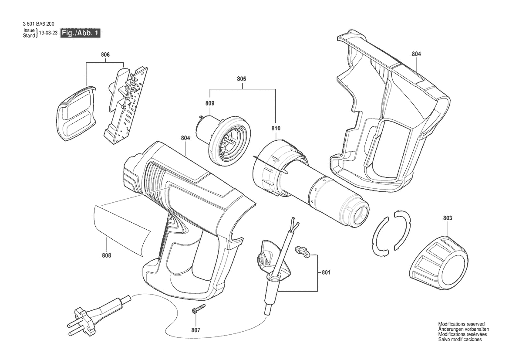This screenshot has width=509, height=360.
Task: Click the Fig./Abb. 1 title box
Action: click(81, 33)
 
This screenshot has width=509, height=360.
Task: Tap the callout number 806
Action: click(105, 54)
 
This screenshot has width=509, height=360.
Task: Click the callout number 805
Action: click(242, 78)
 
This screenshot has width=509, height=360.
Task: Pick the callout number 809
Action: click(210, 103)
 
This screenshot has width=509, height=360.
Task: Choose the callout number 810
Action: click(276, 128)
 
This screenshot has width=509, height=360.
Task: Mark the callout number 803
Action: click(447, 218)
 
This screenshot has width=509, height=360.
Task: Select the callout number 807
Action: click(196, 330)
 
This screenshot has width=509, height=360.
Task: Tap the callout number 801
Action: click(326, 272)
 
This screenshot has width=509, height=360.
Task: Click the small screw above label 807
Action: click(199, 308)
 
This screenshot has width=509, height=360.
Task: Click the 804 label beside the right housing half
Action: click(417, 54)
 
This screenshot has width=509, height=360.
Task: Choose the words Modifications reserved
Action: click(461, 324)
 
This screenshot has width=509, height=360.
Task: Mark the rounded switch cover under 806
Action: click(77, 113)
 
